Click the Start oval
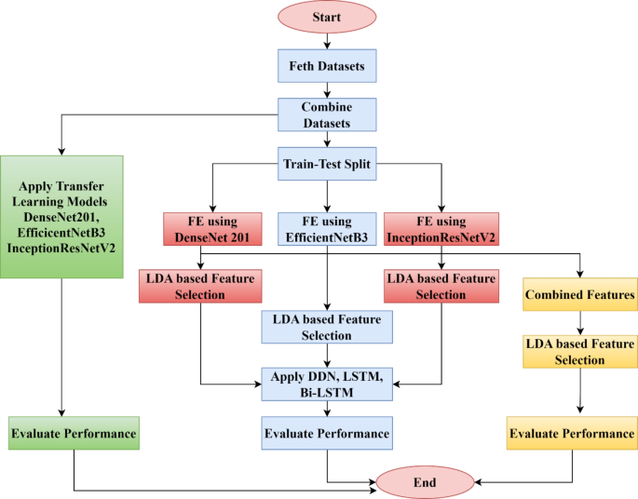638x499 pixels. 326,18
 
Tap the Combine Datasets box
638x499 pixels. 326,115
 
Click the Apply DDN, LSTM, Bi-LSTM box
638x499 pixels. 326,383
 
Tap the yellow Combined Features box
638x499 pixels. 580,295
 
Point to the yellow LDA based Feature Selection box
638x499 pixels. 580,351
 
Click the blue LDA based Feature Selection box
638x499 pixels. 326,327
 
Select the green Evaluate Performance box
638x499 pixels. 74,434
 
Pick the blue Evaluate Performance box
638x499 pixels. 326,434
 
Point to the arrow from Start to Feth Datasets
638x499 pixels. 326,40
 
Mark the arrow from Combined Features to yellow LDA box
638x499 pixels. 580,322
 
